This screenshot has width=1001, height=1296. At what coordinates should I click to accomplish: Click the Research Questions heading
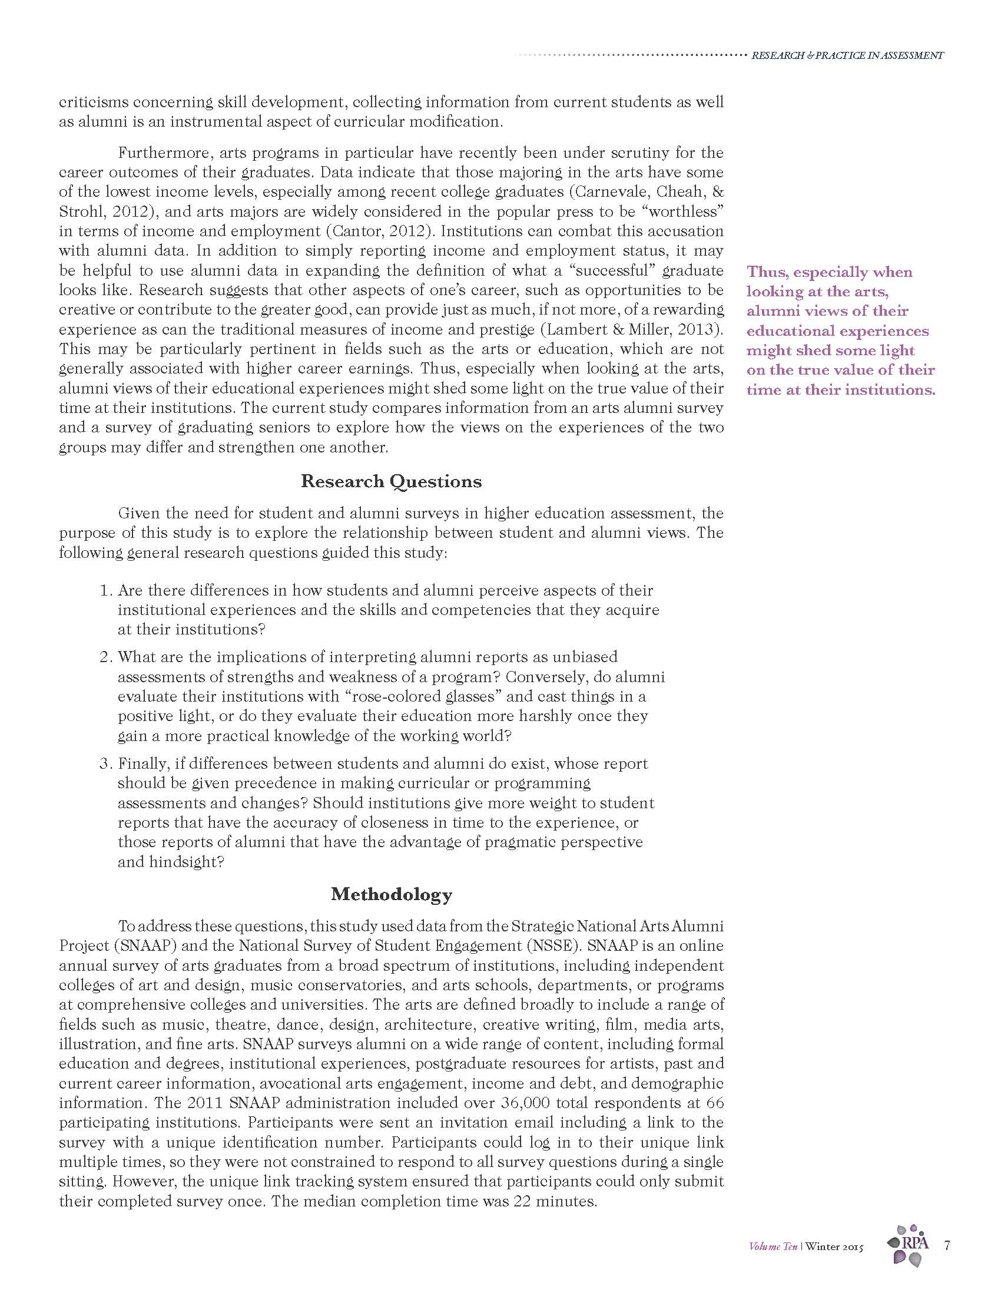pos(391,481)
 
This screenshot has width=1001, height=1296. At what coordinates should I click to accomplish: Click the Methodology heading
pos(392,894)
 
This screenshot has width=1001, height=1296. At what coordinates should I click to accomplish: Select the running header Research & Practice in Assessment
pos(847,56)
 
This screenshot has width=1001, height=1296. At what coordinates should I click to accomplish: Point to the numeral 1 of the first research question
pos(105,591)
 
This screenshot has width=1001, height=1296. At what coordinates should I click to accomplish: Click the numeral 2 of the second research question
pos(105,657)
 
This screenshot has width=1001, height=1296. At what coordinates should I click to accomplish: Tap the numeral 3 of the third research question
pos(105,763)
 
